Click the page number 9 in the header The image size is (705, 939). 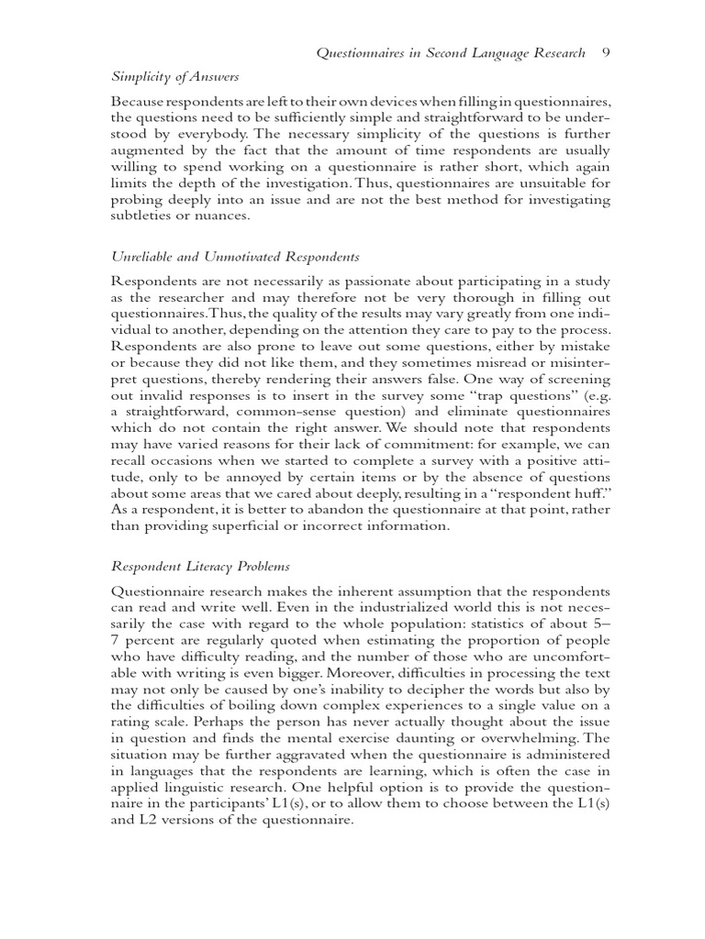(x=605, y=53)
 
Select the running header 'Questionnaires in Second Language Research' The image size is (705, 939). (x=450, y=53)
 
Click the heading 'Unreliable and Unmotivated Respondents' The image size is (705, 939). (x=236, y=257)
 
